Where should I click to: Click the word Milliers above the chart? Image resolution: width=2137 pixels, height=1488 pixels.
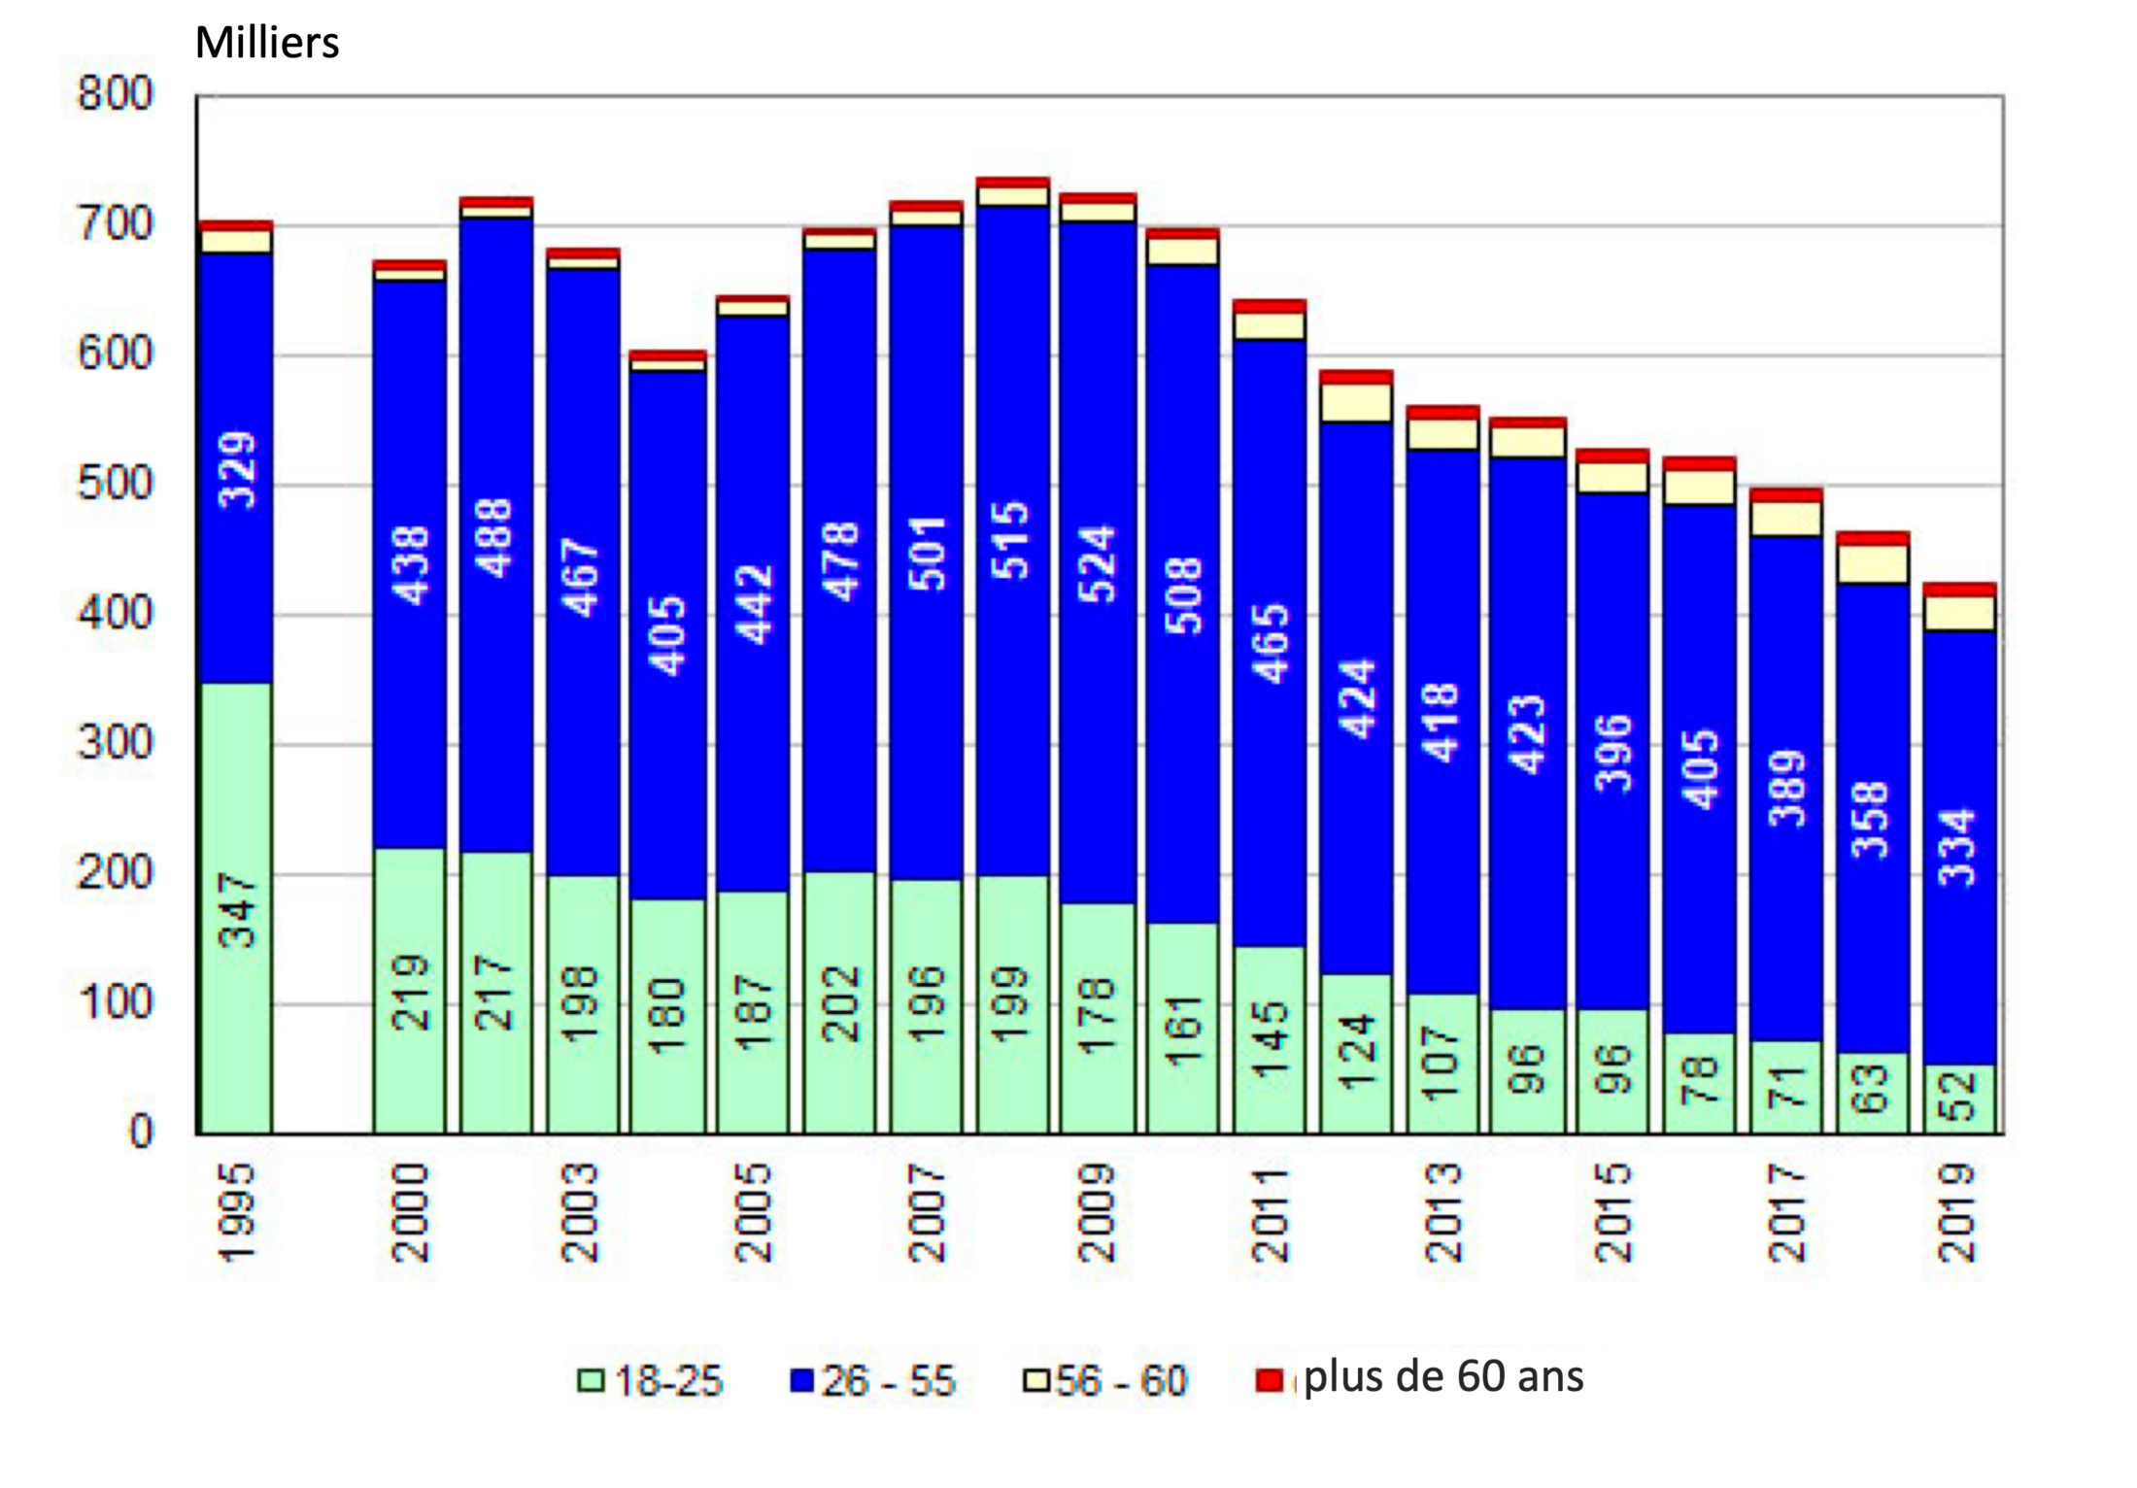click(267, 43)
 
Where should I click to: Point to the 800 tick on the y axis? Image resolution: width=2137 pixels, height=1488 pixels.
click(116, 95)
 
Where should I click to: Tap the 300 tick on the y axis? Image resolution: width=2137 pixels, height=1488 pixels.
click(116, 744)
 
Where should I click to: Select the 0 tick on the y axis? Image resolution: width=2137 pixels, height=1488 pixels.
click(142, 1133)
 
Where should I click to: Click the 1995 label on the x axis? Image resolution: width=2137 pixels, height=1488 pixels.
click(236, 1213)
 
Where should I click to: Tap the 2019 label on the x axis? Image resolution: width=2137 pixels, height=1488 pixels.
click(1957, 1213)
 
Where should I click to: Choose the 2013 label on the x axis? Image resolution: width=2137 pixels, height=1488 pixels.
click(1442, 1213)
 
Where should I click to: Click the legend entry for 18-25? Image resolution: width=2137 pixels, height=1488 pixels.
click(651, 1380)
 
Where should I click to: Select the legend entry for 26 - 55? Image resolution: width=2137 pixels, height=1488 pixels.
click(873, 1380)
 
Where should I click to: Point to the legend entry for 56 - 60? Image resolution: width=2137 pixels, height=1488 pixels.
click(1105, 1380)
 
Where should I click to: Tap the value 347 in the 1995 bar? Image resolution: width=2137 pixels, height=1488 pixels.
click(237, 910)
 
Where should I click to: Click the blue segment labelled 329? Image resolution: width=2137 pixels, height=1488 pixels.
click(237, 470)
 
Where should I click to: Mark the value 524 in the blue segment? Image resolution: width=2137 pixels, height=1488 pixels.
click(1098, 564)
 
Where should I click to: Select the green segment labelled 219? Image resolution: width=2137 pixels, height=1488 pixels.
click(410, 992)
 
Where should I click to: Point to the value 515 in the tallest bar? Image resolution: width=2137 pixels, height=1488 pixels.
click(1011, 541)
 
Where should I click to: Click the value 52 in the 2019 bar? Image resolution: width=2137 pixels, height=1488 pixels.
click(1958, 1095)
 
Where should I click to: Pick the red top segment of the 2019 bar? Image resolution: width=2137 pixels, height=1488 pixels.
click(1960, 590)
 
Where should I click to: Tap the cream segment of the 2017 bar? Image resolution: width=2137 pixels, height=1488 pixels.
click(1786, 519)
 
